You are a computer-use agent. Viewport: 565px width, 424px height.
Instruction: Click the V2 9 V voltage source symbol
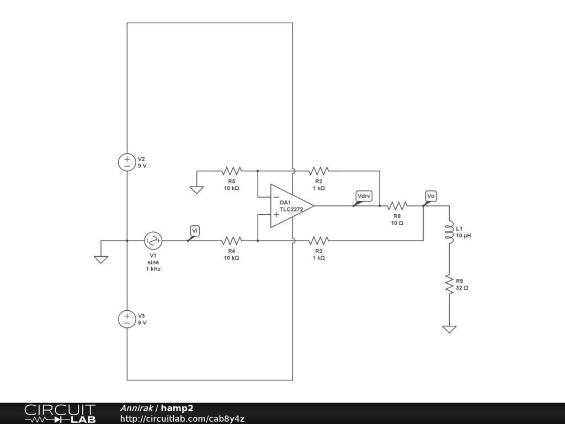click(127, 162)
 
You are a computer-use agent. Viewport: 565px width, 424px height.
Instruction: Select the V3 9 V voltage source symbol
click(127, 319)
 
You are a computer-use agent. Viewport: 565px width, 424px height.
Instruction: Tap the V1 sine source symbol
click(153, 241)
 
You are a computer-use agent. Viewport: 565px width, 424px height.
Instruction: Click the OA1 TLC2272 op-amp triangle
click(292, 206)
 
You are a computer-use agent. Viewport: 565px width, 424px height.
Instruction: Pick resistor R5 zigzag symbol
click(232, 171)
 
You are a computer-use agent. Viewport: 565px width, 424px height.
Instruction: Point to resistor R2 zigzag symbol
click(319, 171)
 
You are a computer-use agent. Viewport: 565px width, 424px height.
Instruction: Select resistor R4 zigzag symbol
click(232, 241)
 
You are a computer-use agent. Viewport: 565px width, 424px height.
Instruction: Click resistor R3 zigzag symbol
click(319, 241)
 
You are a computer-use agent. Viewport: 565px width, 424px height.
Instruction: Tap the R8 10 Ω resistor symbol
click(397, 206)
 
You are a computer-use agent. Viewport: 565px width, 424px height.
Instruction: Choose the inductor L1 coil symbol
click(449, 232)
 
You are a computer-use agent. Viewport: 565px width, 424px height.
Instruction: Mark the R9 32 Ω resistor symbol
click(449, 284)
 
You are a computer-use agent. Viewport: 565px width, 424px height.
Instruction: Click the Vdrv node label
click(364, 196)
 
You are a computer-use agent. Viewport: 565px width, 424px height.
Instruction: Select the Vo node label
click(431, 196)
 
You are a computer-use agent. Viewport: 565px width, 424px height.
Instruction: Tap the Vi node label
click(195, 231)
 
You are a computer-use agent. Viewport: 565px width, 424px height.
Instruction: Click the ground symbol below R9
click(449, 329)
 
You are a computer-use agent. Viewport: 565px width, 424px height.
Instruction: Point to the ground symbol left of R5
click(197, 190)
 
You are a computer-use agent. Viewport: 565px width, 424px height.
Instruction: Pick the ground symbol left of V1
click(101, 259)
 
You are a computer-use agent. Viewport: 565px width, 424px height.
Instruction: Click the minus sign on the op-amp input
click(276, 197)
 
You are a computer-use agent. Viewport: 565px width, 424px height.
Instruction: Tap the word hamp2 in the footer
click(177, 408)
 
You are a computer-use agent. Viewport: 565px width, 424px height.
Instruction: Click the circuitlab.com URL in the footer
click(182, 418)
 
